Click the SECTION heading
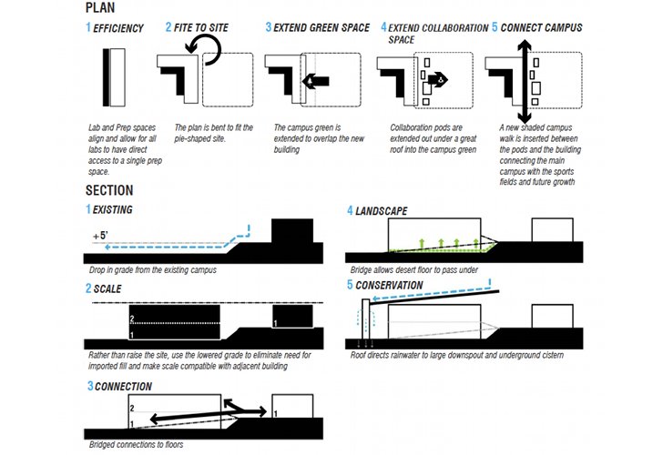click(x=109, y=190)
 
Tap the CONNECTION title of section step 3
click(x=122, y=387)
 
